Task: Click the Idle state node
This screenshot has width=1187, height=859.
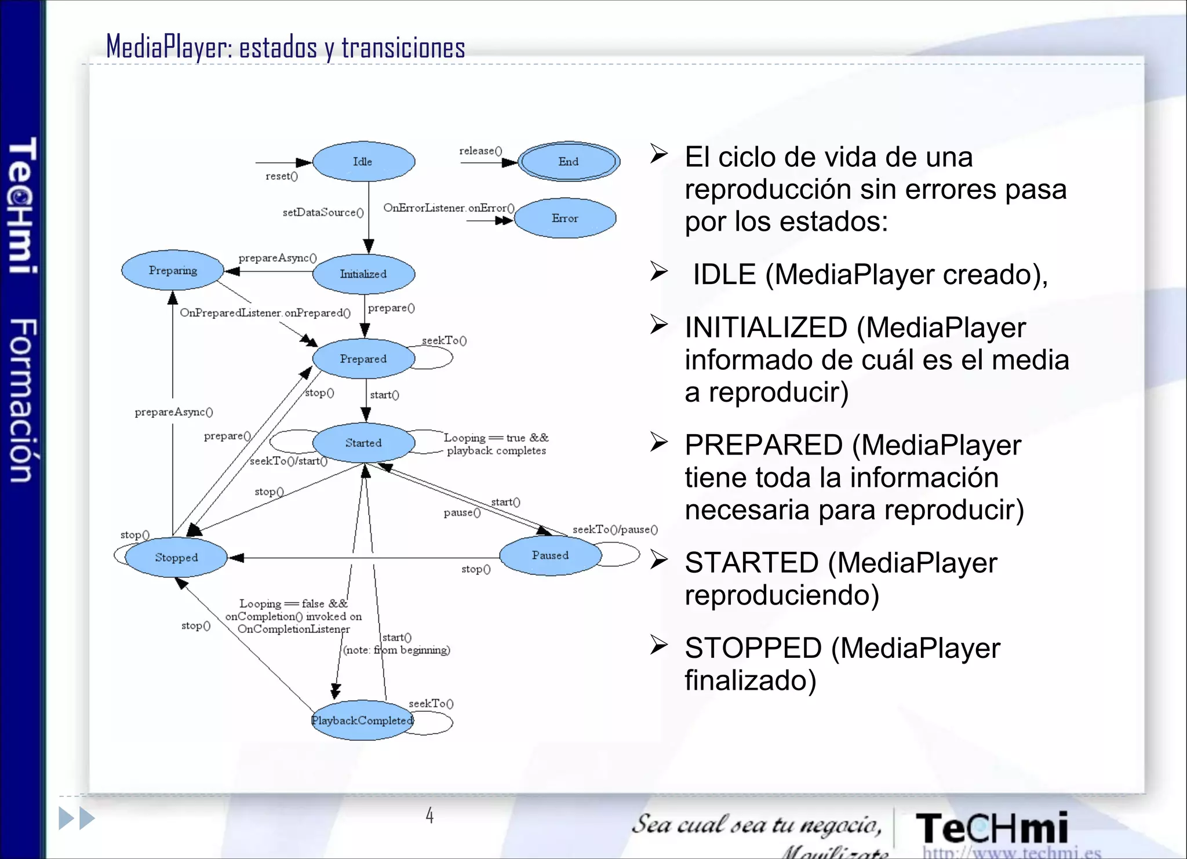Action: click(363, 162)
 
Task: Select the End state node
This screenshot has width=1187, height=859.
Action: click(569, 162)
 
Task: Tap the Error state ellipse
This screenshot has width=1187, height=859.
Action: click(565, 219)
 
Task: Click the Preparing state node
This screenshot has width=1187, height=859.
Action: click(173, 270)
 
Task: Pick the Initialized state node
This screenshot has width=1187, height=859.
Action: click(363, 274)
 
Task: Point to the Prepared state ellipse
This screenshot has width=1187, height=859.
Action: click(363, 359)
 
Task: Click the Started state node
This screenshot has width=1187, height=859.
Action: click(363, 443)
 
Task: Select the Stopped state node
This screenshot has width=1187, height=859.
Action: click(176, 558)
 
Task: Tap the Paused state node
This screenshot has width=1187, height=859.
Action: click(550, 555)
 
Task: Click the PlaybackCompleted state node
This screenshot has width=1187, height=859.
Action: click(362, 720)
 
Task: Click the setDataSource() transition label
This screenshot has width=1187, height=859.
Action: click(323, 213)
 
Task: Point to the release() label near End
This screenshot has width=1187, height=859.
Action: click(480, 151)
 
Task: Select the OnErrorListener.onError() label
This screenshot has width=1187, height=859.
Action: click(449, 208)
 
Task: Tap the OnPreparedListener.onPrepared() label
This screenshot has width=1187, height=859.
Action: click(265, 313)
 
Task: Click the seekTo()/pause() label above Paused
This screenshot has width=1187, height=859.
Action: click(615, 529)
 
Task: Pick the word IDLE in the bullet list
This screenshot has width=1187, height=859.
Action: click(724, 274)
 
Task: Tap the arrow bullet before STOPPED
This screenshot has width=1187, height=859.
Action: click(659, 645)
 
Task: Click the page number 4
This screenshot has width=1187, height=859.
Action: click(429, 816)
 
